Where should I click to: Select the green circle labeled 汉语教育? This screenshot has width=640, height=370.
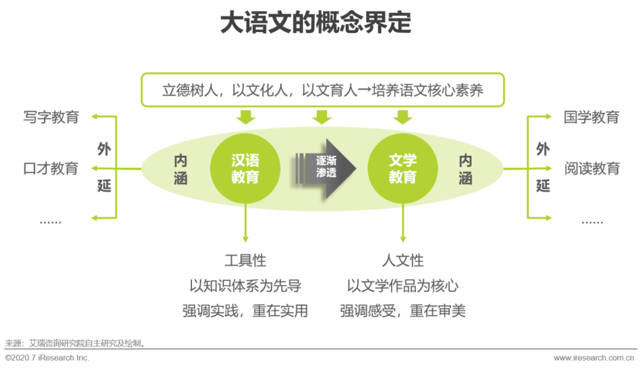(x=245, y=168)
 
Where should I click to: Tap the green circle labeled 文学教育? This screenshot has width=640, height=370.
(x=402, y=168)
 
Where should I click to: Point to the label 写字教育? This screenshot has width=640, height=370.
(x=51, y=117)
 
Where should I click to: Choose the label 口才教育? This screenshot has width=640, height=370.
(x=51, y=168)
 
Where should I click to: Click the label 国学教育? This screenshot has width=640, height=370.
(x=591, y=117)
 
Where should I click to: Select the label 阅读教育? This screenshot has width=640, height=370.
(x=591, y=168)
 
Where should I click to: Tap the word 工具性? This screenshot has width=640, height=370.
(x=245, y=260)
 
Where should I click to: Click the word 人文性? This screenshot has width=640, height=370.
(x=402, y=260)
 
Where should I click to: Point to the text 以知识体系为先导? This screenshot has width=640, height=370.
(x=245, y=286)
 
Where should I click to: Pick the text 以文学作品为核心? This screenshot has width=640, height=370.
(x=402, y=286)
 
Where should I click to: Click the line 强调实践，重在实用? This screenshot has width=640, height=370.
(x=245, y=311)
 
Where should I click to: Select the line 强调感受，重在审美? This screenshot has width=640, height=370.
(x=402, y=311)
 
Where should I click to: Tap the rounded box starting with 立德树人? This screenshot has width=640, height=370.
(x=322, y=90)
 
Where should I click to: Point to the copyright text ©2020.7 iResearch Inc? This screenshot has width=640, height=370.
(x=47, y=358)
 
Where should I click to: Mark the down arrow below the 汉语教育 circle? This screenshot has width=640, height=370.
(x=245, y=225)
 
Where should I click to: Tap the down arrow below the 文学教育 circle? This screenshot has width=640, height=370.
(x=403, y=225)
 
